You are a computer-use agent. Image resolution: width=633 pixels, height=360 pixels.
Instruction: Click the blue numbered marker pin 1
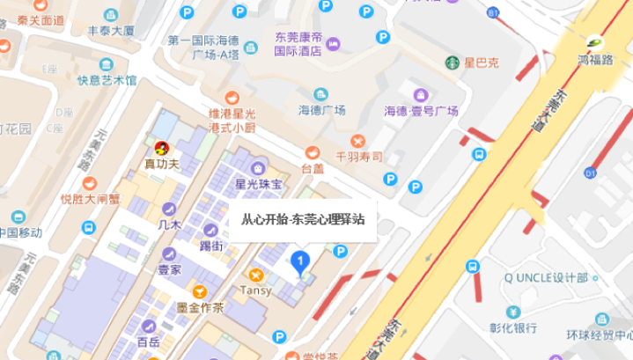300,261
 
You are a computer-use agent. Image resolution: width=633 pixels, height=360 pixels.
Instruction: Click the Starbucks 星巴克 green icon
452,62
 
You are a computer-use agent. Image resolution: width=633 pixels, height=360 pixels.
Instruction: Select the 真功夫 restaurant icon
162,147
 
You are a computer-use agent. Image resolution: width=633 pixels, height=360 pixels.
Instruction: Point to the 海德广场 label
320,110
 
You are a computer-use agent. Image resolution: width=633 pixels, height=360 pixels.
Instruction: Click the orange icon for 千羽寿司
357,141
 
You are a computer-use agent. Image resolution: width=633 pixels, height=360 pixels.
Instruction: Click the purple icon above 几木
168,209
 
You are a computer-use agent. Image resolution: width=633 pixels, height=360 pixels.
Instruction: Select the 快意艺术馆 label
107,80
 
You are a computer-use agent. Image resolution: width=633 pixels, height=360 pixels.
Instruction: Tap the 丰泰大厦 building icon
111,15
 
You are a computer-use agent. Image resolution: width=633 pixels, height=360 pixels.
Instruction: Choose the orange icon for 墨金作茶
200,291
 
